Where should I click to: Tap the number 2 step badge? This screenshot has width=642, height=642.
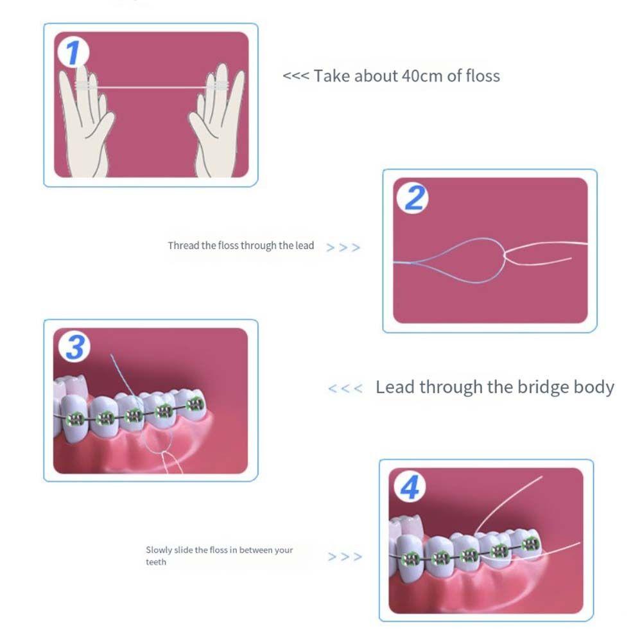pyautogui.click(x=414, y=198)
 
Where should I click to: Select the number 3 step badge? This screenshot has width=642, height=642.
pyautogui.click(x=75, y=347)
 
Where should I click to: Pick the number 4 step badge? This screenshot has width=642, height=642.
pyautogui.click(x=410, y=487)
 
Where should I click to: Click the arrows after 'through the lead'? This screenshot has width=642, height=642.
pyautogui.click(x=343, y=247)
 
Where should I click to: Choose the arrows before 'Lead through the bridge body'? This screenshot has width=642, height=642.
pyautogui.click(x=345, y=388)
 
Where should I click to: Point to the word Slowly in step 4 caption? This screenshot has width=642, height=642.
pyautogui.click(x=159, y=550)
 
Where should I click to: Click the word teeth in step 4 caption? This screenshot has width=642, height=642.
pyautogui.click(x=155, y=562)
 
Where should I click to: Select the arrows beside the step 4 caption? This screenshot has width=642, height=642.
pyautogui.click(x=345, y=557)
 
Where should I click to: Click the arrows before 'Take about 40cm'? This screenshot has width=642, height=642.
pyautogui.click(x=295, y=76)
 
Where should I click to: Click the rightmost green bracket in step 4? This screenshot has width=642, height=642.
pyautogui.click(x=530, y=545)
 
